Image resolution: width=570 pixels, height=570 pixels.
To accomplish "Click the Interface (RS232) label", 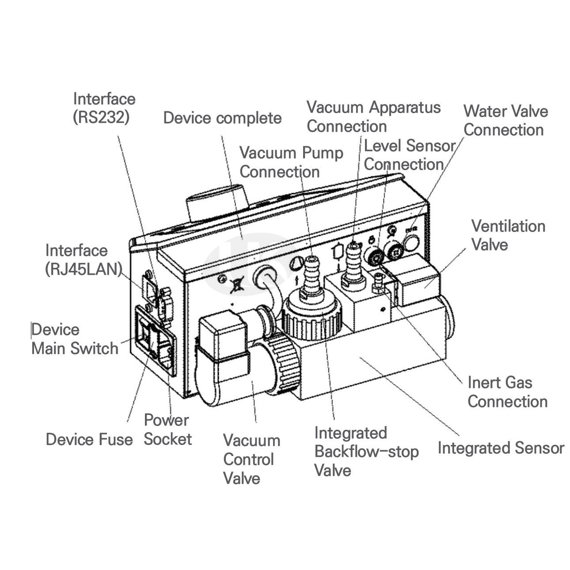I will click(104, 108).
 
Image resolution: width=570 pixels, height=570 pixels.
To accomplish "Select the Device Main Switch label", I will click(75, 339).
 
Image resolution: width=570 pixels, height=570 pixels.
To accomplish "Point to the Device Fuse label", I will click(89, 439).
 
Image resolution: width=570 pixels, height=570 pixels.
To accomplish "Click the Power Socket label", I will click(167, 429).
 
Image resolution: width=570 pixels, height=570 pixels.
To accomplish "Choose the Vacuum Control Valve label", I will click(251, 459).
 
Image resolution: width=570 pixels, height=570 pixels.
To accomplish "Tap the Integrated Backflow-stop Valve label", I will click(366, 451).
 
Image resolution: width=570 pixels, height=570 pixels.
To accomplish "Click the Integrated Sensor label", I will click(501, 448).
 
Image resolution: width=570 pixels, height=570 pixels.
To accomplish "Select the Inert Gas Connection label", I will click(507, 392).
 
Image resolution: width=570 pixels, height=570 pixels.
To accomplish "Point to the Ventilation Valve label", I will click(508, 235).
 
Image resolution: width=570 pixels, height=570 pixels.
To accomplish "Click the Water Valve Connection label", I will click(505, 120).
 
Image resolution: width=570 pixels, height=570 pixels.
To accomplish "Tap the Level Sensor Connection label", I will click(409, 155).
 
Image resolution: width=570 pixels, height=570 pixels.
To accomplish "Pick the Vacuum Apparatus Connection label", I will click(373, 116).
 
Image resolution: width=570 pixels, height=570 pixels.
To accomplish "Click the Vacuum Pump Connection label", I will click(291, 162).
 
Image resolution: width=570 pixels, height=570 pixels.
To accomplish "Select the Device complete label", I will click(222, 118).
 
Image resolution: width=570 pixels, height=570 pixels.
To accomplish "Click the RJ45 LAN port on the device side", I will click(148, 286).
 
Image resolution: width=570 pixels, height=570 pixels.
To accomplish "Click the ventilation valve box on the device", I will click(418, 281).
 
